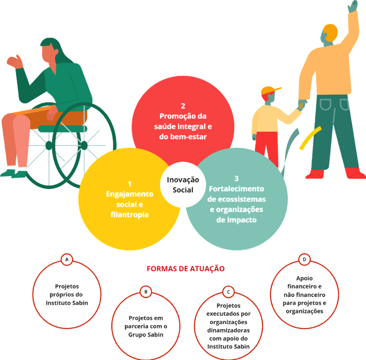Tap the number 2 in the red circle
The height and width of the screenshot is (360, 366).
(183, 106)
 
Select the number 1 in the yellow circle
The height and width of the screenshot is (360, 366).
(130, 184)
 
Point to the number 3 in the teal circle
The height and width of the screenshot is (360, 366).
(236, 179)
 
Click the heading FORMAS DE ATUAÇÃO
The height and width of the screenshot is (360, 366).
(185, 268)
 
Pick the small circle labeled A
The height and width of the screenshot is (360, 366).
(67, 259)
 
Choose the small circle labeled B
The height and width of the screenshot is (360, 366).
(146, 292)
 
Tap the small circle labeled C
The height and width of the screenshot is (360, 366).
(228, 291)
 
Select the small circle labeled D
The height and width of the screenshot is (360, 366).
(304, 259)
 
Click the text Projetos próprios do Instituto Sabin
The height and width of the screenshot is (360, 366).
(67, 295)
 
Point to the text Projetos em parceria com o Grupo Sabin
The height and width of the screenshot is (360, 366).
(146, 326)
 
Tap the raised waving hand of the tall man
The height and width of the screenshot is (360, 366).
(352, 7)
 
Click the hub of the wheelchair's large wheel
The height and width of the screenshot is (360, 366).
(84, 145)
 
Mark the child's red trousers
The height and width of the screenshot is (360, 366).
(267, 147)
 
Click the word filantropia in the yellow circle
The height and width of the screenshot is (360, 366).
(130, 214)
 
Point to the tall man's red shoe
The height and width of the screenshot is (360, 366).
(354, 173)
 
